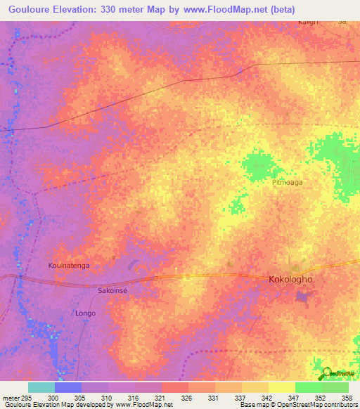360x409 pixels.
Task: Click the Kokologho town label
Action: point(290,279)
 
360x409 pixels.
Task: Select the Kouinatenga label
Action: point(70,266)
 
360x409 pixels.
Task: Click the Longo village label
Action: point(85,313)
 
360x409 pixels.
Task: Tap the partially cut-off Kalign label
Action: point(307,22)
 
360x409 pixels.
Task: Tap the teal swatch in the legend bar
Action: point(41,387)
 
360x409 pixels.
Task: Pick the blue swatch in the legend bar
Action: point(68,387)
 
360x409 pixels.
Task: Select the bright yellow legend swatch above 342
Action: point(281,387)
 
